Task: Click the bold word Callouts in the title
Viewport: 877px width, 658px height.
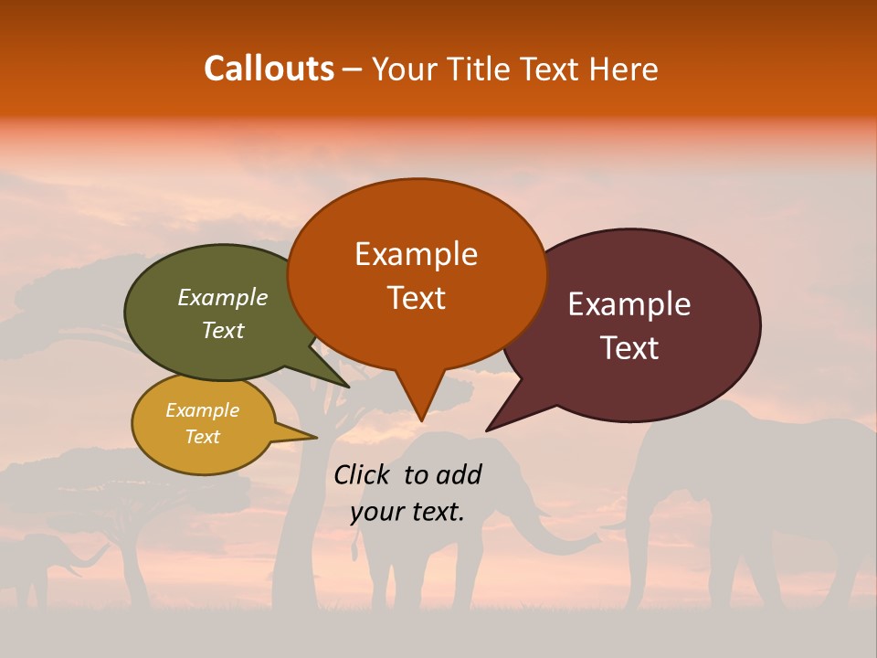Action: click(x=269, y=69)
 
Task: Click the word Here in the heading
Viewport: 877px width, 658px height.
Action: click(x=626, y=69)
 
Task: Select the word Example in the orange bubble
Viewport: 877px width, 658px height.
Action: click(x=416, y=253)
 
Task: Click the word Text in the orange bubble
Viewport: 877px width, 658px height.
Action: click(x=416, y=297)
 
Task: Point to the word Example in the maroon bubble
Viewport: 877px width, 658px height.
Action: click(x=629, y=304)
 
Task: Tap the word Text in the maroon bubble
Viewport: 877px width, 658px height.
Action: click(x=630, y=348)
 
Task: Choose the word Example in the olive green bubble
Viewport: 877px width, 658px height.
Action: click(x=222, y=297)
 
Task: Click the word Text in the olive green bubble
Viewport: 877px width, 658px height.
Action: click(x=223, y=330)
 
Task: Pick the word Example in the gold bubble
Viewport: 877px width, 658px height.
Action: click(x=202, y=410)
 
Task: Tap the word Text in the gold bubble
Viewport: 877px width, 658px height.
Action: click(x=202, y=437)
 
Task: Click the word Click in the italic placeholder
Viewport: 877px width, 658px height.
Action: click(x=364, y=474)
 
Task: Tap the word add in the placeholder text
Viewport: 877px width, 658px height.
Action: click(x=458, y=474)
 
